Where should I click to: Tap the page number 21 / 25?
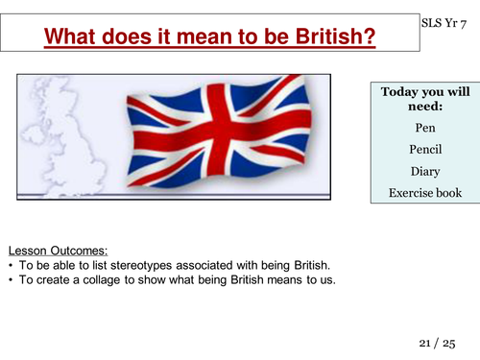(x=441, y=342)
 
